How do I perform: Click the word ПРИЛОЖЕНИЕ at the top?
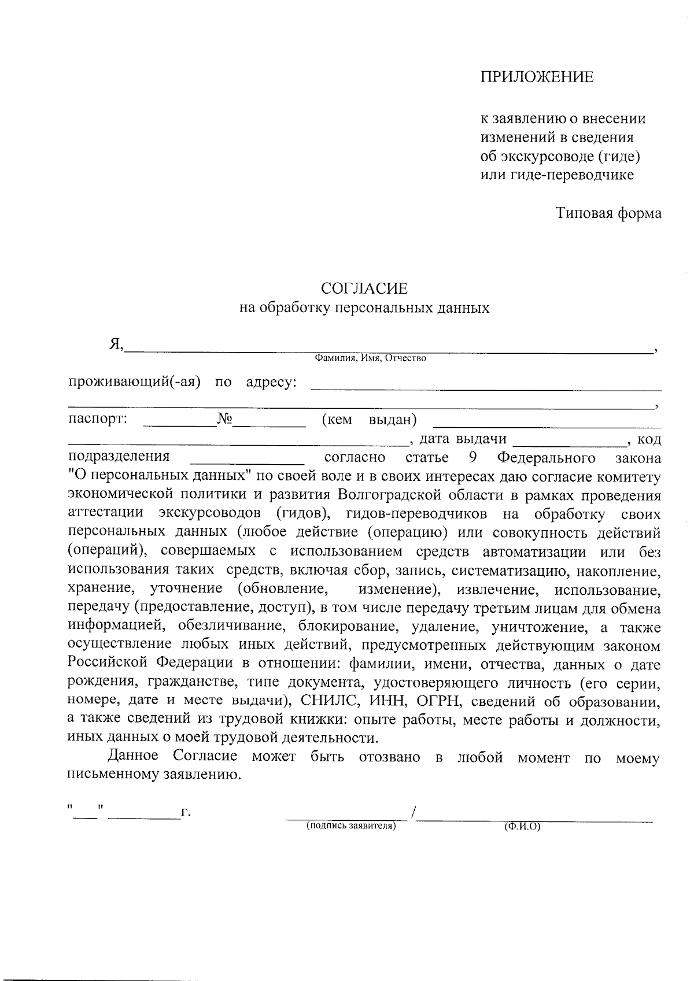click(x=537, y=77)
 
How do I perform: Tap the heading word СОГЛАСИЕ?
click(x=364, y=288)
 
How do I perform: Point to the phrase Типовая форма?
click(x=609, y=213)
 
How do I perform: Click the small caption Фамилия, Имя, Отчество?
click(x=370, y=358)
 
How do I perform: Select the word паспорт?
click(x=98, y=419)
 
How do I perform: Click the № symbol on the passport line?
click(x=224, y=419)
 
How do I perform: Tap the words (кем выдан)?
click(x=369, y=419)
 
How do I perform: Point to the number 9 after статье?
click(x=472, y=458)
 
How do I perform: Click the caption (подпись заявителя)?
click(x=350, y=826)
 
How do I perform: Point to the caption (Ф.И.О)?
click(x=522, y=826)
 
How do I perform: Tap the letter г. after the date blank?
click(x=186, y=813)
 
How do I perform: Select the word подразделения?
click(x=119, y=457)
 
